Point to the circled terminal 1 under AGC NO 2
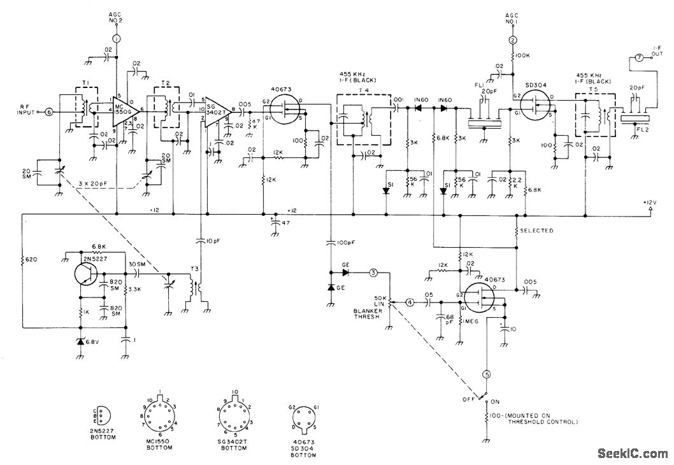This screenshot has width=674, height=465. coord(116,39)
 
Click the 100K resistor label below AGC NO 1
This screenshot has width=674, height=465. coord(524,56)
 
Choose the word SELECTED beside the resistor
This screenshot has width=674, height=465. coord(536,231)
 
